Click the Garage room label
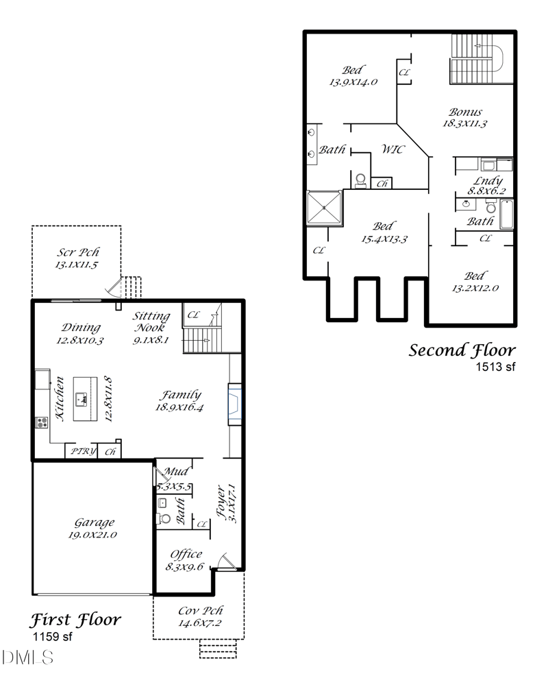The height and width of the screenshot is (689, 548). (95, 522)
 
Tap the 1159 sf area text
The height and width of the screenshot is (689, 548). (52, 637)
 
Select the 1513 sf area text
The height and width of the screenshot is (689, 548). (495, 367)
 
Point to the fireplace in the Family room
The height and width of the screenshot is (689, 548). (235, 403)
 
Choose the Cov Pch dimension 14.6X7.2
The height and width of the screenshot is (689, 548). (199, 623)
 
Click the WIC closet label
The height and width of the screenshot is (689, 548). (393, 149)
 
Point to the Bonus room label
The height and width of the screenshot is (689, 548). (465, 112)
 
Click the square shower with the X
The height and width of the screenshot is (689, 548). (324, 207)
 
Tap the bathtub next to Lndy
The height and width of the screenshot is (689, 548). (506, 214)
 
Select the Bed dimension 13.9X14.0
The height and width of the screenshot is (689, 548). (353, 82)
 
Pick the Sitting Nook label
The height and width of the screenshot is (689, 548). (151, 316)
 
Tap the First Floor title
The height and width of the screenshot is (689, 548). (75, 620)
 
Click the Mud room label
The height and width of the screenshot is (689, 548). (176, 472)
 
